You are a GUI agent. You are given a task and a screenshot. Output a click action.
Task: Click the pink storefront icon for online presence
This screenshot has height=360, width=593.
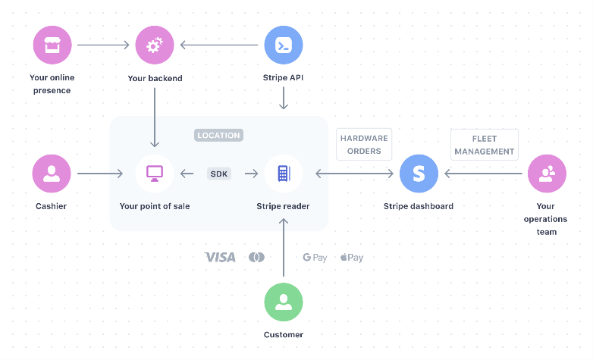tap(52, 45)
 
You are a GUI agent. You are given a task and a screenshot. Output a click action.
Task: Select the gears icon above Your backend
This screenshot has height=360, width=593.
tap(154, 45)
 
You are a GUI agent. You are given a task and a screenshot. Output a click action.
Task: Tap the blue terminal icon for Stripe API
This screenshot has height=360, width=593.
tap(284, 45)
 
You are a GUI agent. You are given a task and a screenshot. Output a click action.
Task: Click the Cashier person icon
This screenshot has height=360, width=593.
tap(52, 174)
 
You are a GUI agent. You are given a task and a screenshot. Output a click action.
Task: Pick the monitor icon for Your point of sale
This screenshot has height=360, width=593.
tap(154, 174)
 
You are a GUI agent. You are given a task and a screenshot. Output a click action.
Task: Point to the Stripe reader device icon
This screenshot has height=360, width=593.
tap(284, 174)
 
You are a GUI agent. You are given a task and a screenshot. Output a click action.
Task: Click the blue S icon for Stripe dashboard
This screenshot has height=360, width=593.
tap(419, 174)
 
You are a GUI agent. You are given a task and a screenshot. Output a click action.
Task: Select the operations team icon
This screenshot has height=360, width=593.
tap(546, 174)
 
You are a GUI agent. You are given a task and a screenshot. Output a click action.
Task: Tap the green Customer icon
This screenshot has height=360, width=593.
tap(284, 302)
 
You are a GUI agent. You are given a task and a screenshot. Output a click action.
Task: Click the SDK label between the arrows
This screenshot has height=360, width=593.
tap(219, 174)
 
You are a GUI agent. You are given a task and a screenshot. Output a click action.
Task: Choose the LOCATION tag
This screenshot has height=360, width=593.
tap(218, 136)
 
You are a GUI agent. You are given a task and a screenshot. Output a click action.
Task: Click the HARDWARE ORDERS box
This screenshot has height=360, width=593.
tap(364, 144)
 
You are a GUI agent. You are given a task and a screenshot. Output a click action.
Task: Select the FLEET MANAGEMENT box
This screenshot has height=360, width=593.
tap(485, 145)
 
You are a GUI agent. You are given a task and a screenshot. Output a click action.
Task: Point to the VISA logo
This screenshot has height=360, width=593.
tap(220, 258)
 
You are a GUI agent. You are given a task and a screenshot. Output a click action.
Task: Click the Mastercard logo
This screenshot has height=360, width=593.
tap(256, 258)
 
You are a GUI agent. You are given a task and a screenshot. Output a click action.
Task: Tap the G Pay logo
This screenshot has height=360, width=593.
tap(315, 258)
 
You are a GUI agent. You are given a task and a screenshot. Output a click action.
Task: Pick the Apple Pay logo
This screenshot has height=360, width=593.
tap(352, 258)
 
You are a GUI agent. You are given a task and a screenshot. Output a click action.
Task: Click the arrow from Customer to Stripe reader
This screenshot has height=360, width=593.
tap(284, 246)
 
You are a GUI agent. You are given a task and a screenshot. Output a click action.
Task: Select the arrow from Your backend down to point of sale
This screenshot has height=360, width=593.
tap(154, 117)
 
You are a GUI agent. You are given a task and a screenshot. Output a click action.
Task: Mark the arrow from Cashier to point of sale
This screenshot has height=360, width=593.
tap(100, 174)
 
